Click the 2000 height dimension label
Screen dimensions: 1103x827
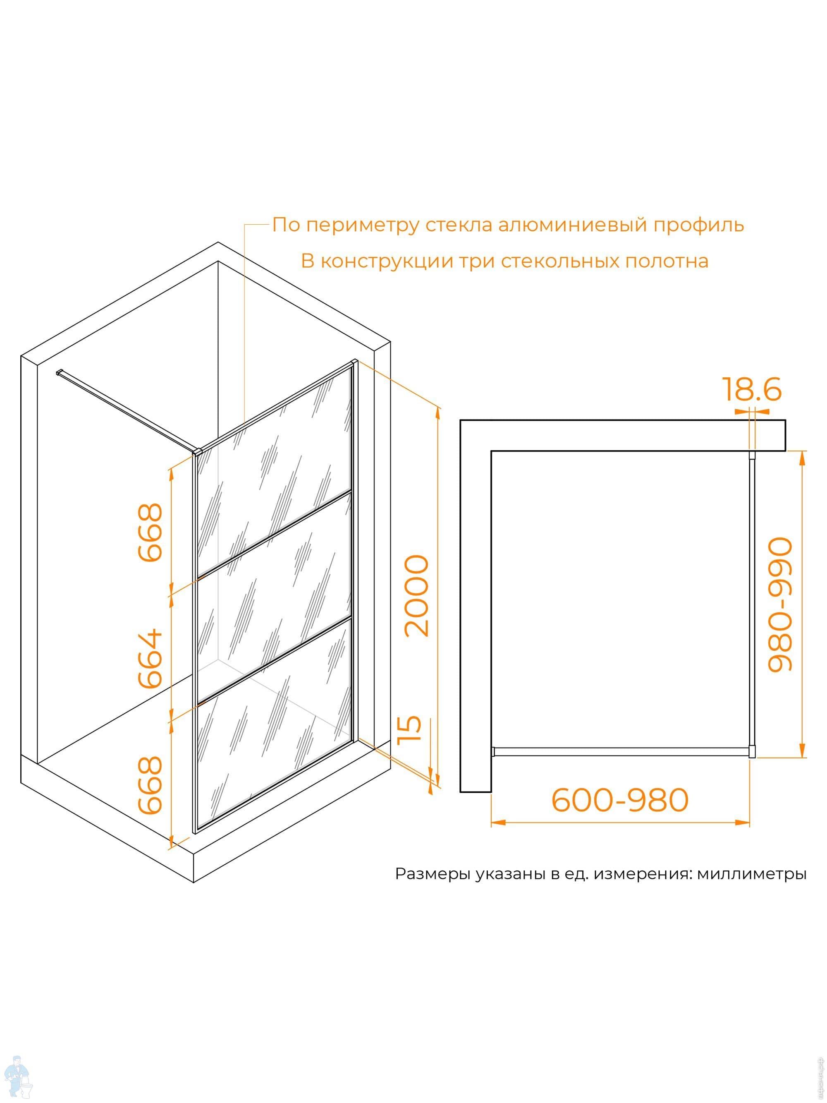pos(417,596)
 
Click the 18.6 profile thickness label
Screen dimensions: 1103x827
pos(751,389)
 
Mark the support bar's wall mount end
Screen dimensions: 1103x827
pos(59,372)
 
